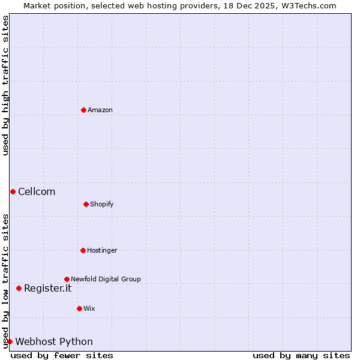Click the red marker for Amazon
83,110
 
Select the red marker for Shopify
86,204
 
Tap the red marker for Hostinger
83,250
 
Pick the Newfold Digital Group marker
67,279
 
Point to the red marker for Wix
79,308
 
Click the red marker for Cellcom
13,191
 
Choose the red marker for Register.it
19,288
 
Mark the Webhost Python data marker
10,341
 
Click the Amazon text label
100,110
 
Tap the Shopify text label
102,204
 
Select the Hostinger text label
102,250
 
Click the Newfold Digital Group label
106,279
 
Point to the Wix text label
89,308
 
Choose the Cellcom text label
37,191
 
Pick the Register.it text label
47,288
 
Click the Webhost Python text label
54,341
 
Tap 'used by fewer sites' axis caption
62,355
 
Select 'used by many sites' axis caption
301,355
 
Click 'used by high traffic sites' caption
5,85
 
